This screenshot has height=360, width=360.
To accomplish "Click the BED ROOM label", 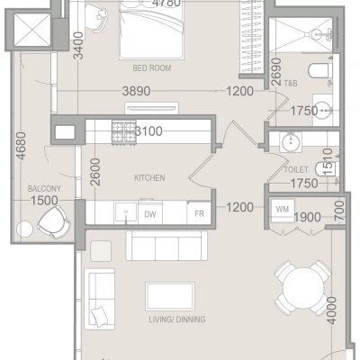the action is [152, 68].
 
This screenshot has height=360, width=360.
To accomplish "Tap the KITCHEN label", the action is [149, 178].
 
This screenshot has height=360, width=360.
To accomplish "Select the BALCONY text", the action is [44, 189].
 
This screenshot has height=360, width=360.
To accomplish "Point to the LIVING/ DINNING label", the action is [177, 319].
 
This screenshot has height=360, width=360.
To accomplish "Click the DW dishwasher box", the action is [150, 213].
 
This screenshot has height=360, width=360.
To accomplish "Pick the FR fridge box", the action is [199, 213].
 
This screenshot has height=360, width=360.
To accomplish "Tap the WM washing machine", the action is [283, 210].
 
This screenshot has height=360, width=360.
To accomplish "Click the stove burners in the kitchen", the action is [124, 132].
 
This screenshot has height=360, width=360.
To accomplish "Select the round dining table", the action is [303, 288].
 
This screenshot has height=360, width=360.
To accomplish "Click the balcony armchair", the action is [54, 222].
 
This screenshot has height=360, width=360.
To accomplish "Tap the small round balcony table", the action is [24, 229].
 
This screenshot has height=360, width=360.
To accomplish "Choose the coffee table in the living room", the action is [170, 296].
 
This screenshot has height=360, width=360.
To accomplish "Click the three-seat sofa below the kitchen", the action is [166, 246].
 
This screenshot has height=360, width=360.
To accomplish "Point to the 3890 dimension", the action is [136, 91].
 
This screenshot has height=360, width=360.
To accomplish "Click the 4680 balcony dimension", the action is [22, 146].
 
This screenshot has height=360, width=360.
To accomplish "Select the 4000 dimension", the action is [331, 310].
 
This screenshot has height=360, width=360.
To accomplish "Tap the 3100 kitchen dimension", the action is [148, 131].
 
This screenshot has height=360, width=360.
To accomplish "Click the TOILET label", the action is [296, 170].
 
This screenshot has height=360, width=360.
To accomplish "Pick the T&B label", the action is [291, 83].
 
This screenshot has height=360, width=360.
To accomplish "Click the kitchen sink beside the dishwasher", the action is [126, 212].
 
